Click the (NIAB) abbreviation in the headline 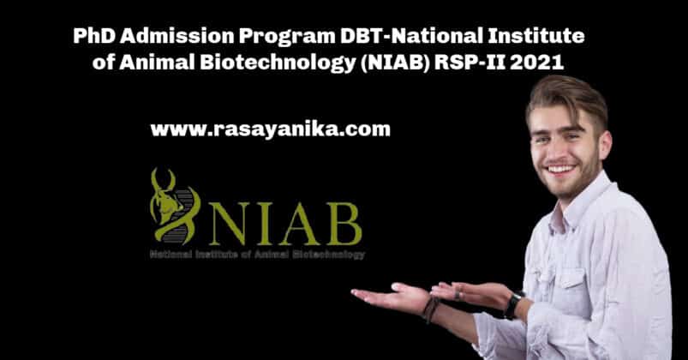(394, 63)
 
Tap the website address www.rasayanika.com (270, 130)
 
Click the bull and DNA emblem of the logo (174, 206)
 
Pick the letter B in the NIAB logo (344, 224)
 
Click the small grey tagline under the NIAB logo (257, 255)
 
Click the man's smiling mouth (560, 169)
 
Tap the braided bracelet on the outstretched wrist (430, 309)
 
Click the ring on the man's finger (458, 295)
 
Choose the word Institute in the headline (535, 35)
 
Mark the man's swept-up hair (566, 99)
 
